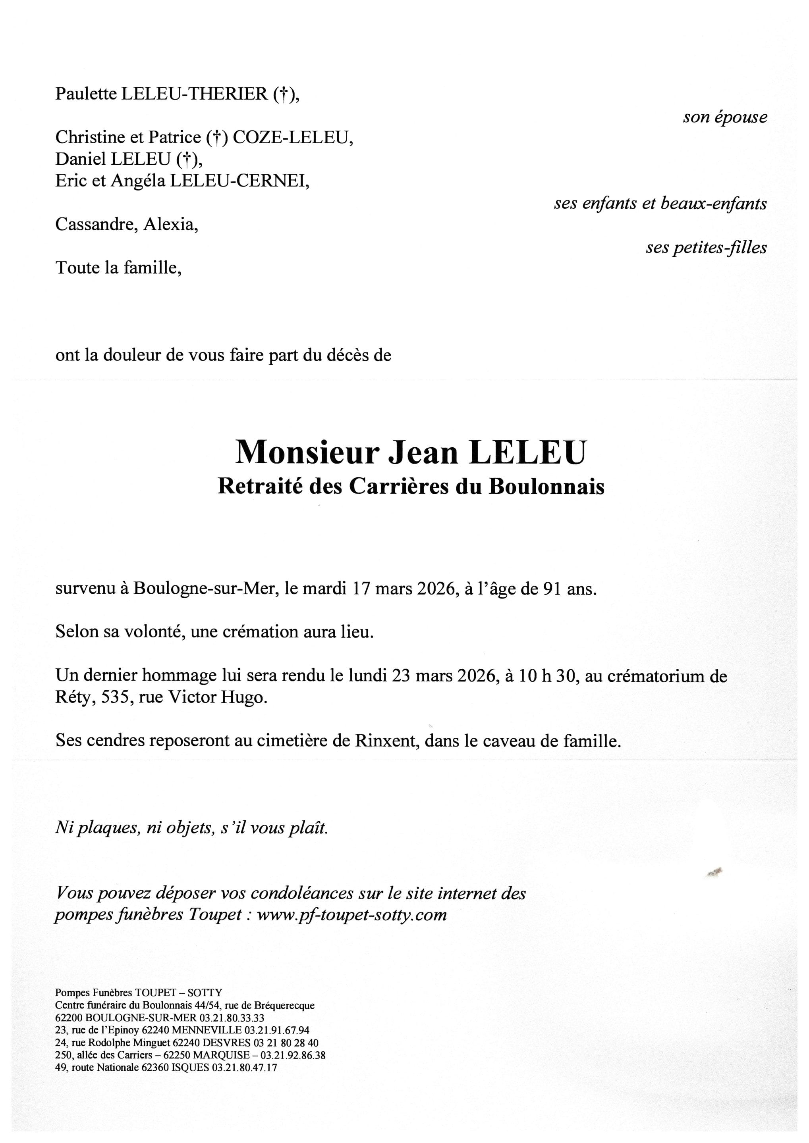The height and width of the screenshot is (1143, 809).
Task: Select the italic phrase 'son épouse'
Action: [724, 117]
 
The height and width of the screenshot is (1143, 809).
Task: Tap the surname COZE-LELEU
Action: [292, 137]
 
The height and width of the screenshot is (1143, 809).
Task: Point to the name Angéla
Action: [138, 181]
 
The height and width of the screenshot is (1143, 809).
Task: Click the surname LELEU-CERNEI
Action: [239, 181]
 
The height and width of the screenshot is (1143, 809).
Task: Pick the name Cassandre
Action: [96, 225]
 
